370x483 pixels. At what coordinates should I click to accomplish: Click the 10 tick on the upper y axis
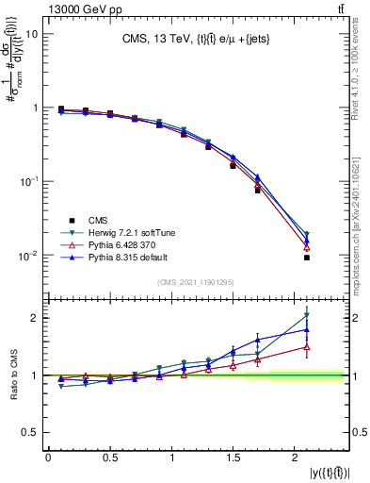(33, 34)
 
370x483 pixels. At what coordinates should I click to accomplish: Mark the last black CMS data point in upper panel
(307, 258)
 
